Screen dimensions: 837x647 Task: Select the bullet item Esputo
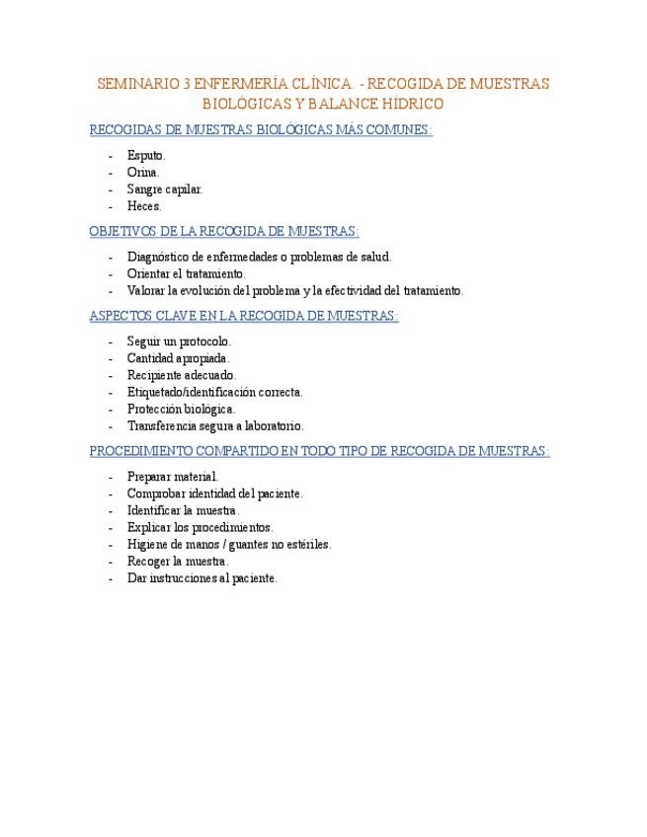pos(146,156)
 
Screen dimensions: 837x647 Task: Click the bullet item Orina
pos(143,173)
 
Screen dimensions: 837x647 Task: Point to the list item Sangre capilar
pos(165,190)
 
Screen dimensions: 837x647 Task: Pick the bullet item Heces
pos(144,206)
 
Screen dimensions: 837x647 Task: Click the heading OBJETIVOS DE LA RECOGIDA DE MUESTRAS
pos(224,232)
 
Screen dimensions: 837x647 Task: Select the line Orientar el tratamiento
pos(187,273)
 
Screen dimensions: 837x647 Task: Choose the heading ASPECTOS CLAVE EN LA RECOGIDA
pos(244,316)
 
